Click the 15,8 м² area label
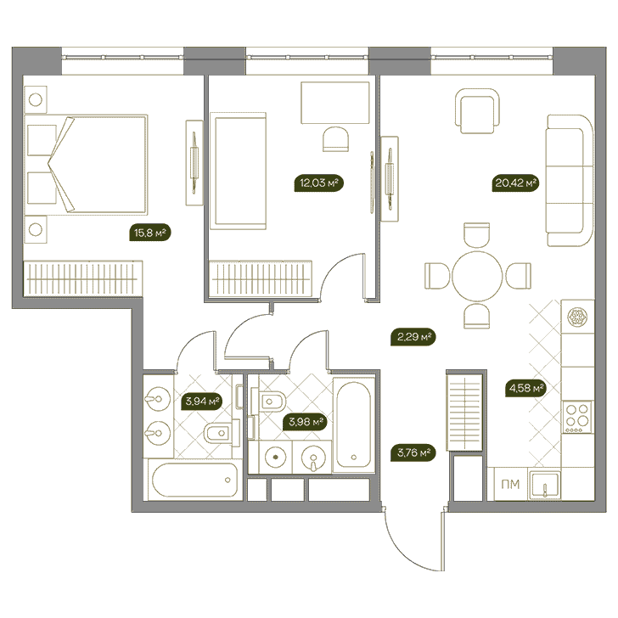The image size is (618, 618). point(150,233)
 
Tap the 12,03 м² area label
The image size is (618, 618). point(319,183)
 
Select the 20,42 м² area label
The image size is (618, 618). point(515,183)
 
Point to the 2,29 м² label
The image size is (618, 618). point(413,337)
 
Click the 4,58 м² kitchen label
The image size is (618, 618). point(526,388)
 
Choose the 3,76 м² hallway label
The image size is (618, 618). point(413,452)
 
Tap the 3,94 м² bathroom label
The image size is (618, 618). point(203,402)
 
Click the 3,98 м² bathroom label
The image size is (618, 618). point(306,422)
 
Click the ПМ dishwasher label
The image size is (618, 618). point(510,485)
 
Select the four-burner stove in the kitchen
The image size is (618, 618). point(577,417)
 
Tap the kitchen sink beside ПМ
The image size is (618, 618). point(545,485)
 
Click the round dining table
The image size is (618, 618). point(477,276)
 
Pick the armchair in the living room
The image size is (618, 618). point(477,111)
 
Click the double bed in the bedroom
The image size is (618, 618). point(86,166)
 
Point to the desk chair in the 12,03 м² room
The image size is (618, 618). point(335,138)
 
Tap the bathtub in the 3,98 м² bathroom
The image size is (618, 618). point(353,424)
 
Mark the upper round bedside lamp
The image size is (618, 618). point(36,99)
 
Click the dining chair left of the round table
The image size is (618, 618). point(437,276)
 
